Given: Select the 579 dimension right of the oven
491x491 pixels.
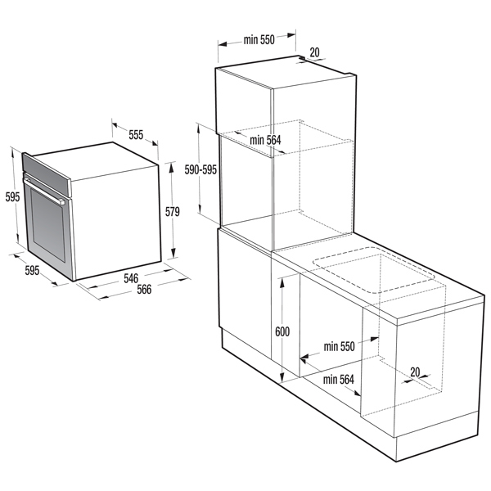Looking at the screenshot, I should click(172, 212).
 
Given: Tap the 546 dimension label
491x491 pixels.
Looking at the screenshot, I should click(131, 278).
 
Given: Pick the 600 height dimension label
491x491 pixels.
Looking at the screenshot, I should click(282, 331).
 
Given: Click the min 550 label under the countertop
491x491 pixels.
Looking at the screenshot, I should click(338, 347).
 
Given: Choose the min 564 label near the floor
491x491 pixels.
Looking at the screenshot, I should click(338, 379).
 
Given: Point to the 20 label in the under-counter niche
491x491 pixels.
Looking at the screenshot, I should click(415, 372).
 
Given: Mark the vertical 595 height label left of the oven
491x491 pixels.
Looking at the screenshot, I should click(11, 196).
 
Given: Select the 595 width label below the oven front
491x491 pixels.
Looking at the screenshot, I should click(32, 270).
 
